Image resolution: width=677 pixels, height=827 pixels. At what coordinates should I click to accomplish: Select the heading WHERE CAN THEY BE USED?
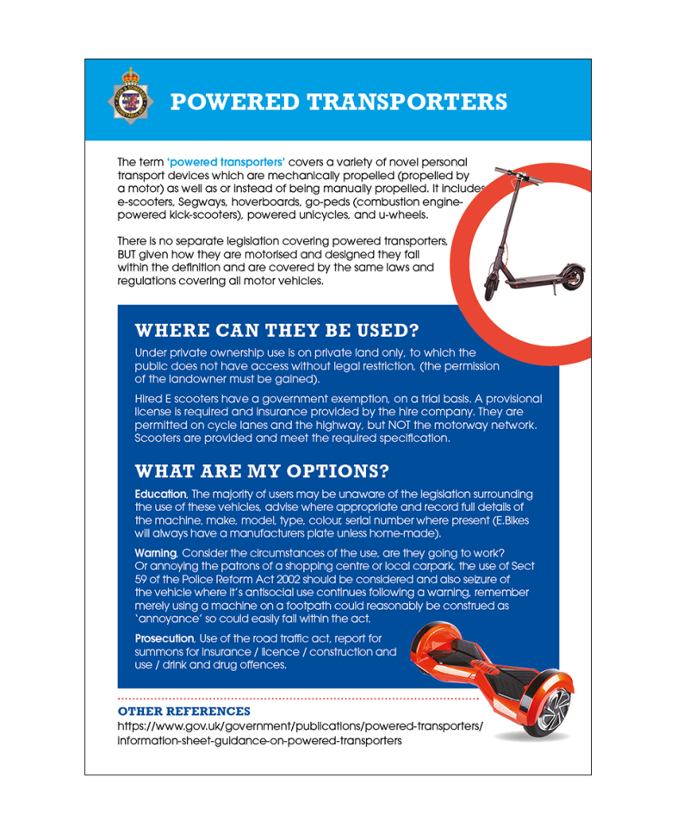click(x=277, y=331)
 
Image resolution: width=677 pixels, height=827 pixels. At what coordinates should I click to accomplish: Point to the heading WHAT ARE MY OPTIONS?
click(x=262, y=472)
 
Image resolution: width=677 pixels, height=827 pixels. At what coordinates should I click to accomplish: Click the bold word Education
click(x=160, y=494)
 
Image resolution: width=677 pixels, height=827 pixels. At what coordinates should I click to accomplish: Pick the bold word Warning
click(x=156, y=551)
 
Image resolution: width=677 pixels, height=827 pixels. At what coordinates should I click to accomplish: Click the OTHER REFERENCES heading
click(x=184, y=712)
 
